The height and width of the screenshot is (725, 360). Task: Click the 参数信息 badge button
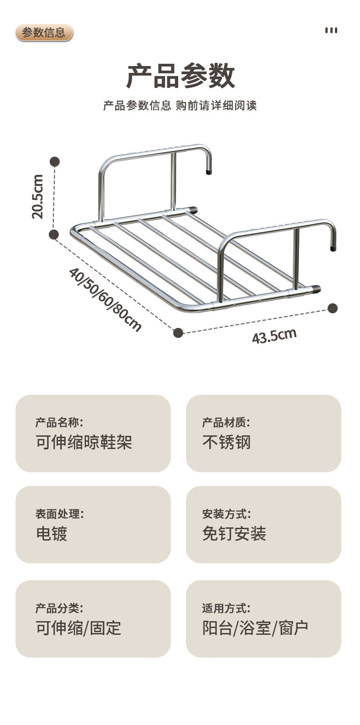[x=44, y=33]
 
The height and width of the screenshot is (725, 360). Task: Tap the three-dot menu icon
[x=331, y=31]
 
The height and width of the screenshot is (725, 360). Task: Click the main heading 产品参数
[x=180, y=76]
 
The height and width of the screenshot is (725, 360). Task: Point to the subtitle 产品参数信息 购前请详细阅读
[x=180, y=106]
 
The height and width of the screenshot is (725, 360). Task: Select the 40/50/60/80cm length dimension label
[x=105, y=299]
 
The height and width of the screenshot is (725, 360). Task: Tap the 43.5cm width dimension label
[x=274, y=336]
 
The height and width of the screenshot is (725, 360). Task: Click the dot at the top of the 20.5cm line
[x=55, y=162]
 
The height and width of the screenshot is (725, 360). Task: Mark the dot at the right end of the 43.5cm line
[x=333, y=308]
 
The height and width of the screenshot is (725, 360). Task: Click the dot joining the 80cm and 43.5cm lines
[x=178, y=333]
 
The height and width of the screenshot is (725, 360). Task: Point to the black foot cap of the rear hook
[x=209, y=173]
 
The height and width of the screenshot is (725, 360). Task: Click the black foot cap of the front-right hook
[x=333, y=249]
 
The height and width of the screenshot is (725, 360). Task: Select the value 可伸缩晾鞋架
[x=84, y=442]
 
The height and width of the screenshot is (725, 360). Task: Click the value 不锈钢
[x=226, y=442]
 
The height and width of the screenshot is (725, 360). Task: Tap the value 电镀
[x=51, y=533]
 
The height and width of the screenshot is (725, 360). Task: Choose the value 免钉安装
[x=234, y=533]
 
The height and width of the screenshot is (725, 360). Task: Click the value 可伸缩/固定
[x=78, y=628]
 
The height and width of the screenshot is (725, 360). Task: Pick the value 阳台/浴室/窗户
[x=255, y=628]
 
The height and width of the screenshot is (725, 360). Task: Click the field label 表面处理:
[x=59, y=514]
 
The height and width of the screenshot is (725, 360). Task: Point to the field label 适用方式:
[x=226, y=608]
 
